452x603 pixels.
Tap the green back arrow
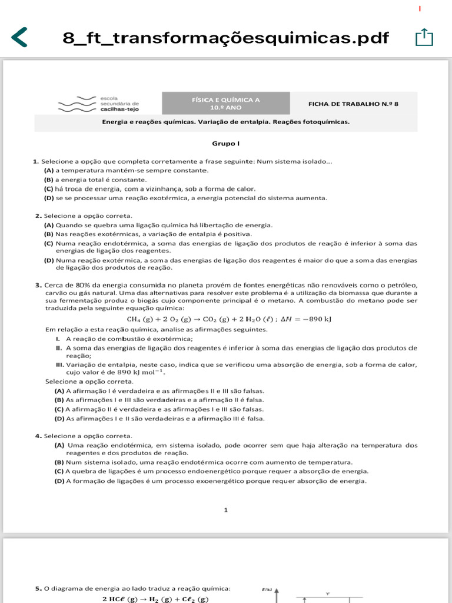[19, 37]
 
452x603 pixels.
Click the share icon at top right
[424, 38]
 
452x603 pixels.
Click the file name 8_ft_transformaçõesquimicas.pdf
[226, 38]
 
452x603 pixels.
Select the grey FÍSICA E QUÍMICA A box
[226, 104]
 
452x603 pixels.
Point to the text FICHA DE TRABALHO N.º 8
[353, 104]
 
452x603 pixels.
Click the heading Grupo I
[225, 144]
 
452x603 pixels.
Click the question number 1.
[35, 161]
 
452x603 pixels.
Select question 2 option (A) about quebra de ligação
[159, 225]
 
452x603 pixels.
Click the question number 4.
[38, 436]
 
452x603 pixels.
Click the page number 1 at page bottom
[225, 510]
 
